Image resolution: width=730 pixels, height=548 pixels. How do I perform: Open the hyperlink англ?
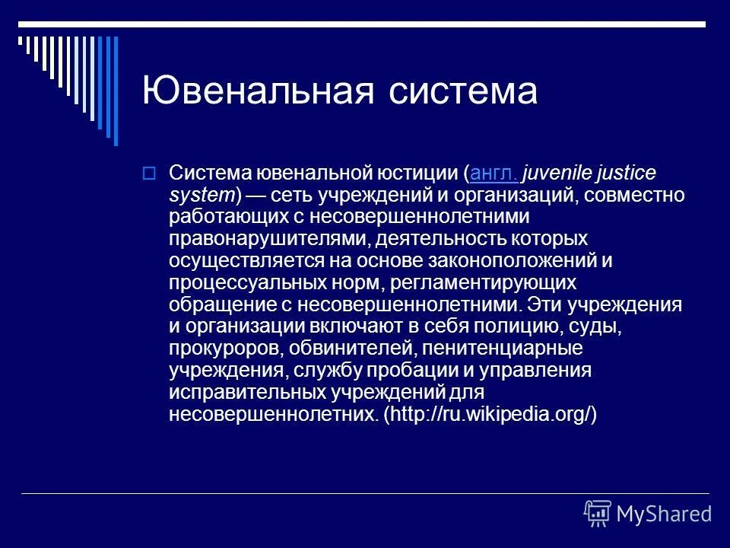[x=495, y=174]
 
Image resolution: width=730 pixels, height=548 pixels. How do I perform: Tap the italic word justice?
[x=628, y=174]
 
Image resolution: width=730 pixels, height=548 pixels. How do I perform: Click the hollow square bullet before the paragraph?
[x=148, y=174]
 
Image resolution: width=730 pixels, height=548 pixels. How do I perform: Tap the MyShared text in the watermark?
[x=664, y=513]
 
